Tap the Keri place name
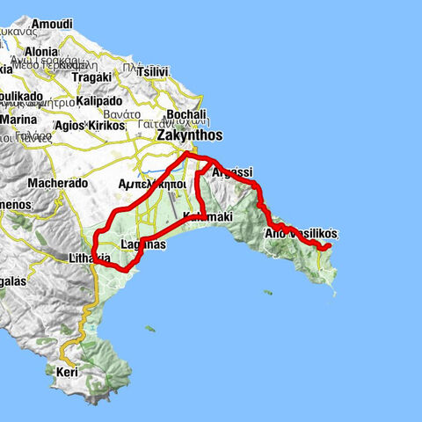click(x=67, y=373)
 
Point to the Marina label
click(x=19, y=120)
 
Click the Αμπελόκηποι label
click(x=151, y=185)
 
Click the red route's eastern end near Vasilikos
click(x=327, y=248)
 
